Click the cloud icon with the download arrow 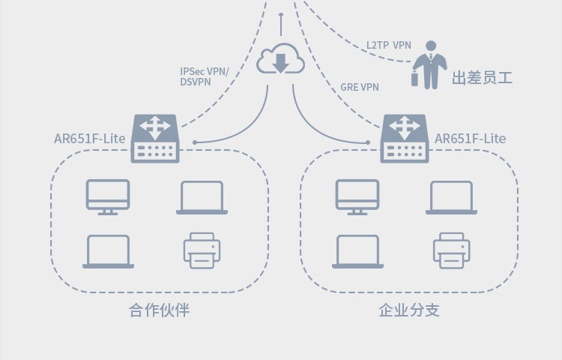click(281, 59)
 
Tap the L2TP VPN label click(388, 45)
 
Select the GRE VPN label click(360, 87)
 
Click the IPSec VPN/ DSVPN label click(204, 76)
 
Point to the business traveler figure click(429, 65)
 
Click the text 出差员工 click(482, 78)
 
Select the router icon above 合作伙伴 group click(155, 139)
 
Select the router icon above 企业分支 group click(405, 139)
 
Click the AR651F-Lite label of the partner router click(90, 139)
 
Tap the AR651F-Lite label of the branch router click(471, 139)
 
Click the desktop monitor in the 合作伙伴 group click(108, 197)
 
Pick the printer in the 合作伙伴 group click(202, 250)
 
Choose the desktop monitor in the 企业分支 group click(357, 197)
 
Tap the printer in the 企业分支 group click(452, 250)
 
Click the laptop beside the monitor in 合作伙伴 click(202, 198)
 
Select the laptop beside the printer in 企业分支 click(357, 252)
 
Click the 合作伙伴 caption click(159, 310)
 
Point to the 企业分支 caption click(409, 310)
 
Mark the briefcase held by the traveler click(414, 79)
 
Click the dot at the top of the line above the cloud click(281, 15)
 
